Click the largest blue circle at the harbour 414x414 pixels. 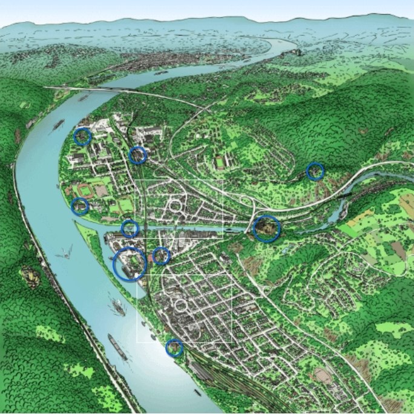(x=130, y=264)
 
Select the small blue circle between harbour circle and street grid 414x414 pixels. (x=161, y=256)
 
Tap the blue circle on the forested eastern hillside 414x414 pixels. (x=315, y=171)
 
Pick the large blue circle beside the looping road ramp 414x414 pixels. (x=266, y=228)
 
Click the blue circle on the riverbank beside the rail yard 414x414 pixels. (x=174, y=348)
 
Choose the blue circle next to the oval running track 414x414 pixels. (x=80, y=206)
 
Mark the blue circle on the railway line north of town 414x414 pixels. (x=138, y=156)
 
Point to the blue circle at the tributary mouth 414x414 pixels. (x=130, y=228)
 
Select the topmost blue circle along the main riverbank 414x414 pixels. (x=82, y=137)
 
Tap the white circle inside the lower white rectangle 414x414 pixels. (x=180, y=305)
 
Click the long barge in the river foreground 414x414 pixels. (x=117, y=347)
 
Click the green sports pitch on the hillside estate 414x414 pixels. (x=219, y=162)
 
